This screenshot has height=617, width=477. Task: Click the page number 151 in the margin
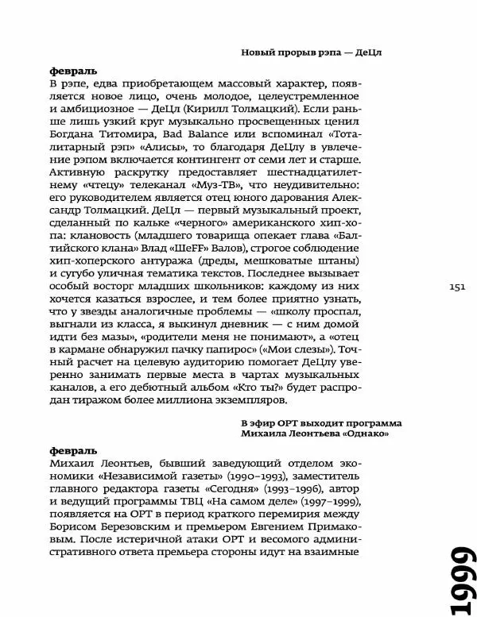pos(456,287)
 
